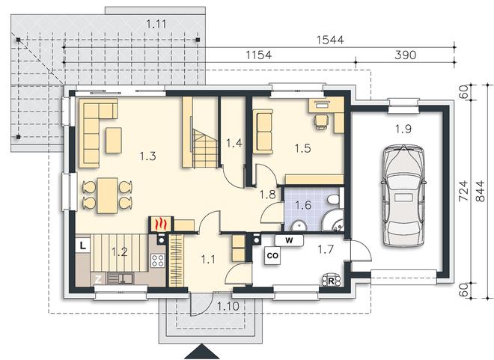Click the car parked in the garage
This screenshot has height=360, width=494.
click(x=403, y=195)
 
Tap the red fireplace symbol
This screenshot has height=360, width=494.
click(x=161, y=224)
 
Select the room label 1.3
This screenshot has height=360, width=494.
click(x=147, y=156)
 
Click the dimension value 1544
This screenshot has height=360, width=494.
click(x=330, y=40)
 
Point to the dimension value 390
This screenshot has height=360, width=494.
click(x=405, y=55)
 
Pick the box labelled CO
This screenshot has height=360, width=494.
click(x=272, y=255)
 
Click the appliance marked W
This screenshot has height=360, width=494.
click(x=289, y=241)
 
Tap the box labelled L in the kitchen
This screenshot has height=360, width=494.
click(x=82, y=245)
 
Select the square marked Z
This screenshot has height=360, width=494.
click(x=98, y=279)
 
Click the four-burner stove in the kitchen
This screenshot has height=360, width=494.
click(x=158, y=260)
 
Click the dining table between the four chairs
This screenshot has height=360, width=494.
click(x=107, y=195)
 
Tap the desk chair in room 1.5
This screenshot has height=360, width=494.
click(x=322, y=121)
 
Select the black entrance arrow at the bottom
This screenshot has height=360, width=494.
click(x=201, y=352)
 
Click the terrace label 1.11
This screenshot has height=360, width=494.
click(x=156, y=24)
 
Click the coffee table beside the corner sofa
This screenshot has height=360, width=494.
click(x=114, y=140)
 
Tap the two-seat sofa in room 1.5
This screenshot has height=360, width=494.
click(x=263, y=132)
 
